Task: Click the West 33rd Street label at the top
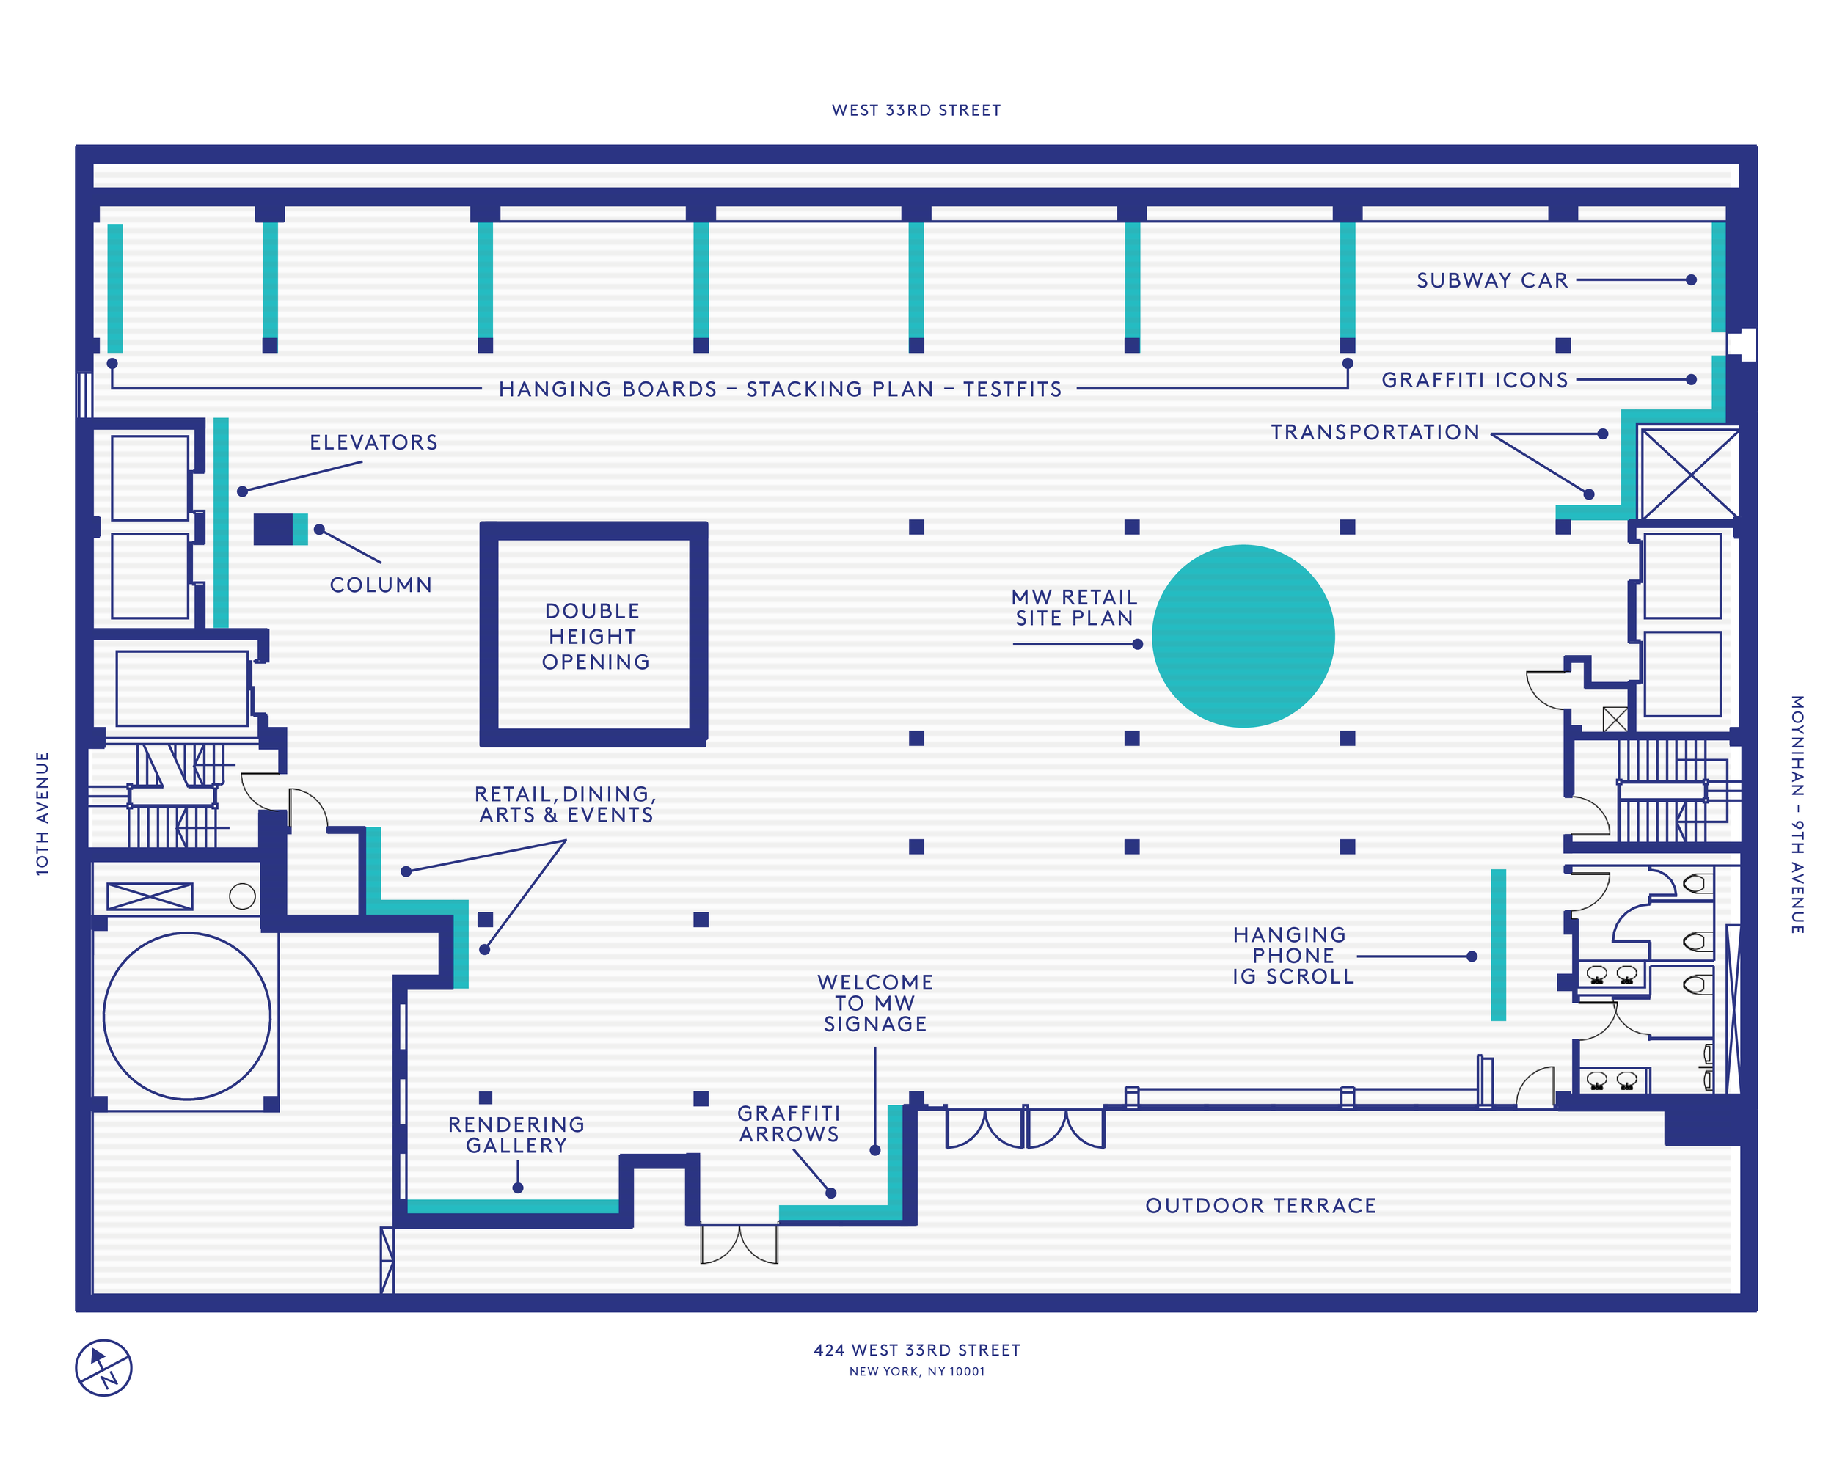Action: [x=916, y=111]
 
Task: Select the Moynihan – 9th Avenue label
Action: [x=1797, y=814]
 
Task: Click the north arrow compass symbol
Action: [x=103, y=1367]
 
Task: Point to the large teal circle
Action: [x=1243, y=636]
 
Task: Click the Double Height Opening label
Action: [x=595, y=636]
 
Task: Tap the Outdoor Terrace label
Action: [x=1260, y=1205]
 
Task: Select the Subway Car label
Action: [x=1491, y=281]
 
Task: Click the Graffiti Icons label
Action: [x=1475, y=380]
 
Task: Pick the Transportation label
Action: [x=1375, y=432]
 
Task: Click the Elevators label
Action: [x=373, y=442]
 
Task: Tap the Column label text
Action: [x=381, y=585]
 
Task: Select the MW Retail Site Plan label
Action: [x=1075, y=607]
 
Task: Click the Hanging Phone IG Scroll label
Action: [x=1292, y=956]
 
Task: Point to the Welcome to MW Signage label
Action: [x=875, y=1003]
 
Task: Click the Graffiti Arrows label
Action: [x=789, y=1124]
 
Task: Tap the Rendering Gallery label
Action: [x=516, y=1135]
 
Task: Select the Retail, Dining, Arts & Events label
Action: [x=566, y=805]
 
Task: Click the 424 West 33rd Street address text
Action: [x=916, y=1350]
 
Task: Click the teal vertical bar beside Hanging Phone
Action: [x=1498, y=944]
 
